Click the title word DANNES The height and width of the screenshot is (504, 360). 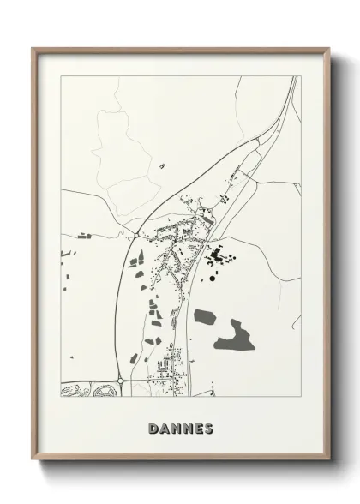180,428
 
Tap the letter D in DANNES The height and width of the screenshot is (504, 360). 153,428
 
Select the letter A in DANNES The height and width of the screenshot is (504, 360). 164,428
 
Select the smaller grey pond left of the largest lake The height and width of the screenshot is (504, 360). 205,317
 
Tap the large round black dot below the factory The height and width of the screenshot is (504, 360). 210,278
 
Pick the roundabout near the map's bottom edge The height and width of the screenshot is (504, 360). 120,380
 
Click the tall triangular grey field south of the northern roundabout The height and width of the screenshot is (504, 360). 135,256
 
